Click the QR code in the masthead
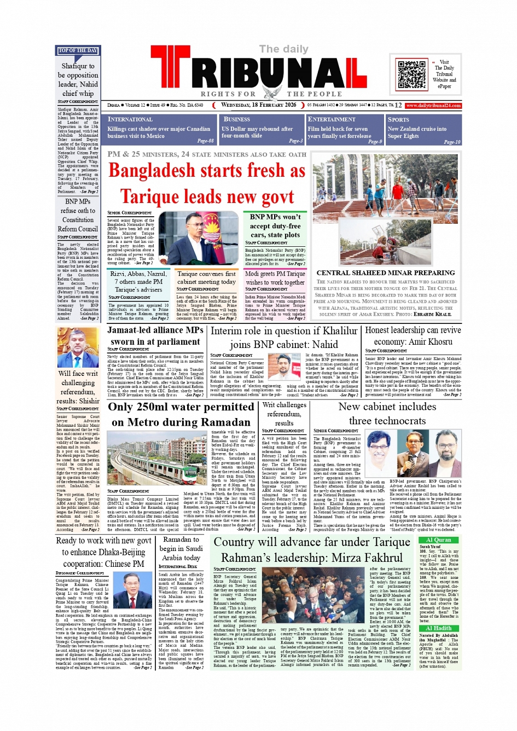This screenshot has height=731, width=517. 411,75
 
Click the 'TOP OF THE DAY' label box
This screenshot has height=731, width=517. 78,51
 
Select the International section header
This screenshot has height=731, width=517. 130,119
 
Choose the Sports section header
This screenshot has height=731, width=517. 398,119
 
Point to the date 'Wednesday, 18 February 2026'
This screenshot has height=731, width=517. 258,105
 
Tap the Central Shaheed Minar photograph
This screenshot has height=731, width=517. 386,211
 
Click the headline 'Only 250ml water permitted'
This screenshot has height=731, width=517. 181,407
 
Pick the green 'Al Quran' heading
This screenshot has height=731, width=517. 439,540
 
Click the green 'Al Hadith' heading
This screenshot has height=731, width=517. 439,628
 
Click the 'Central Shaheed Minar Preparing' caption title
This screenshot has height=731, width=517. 386,272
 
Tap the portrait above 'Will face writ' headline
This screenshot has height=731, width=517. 78,348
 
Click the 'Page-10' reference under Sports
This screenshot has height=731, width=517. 452,142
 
